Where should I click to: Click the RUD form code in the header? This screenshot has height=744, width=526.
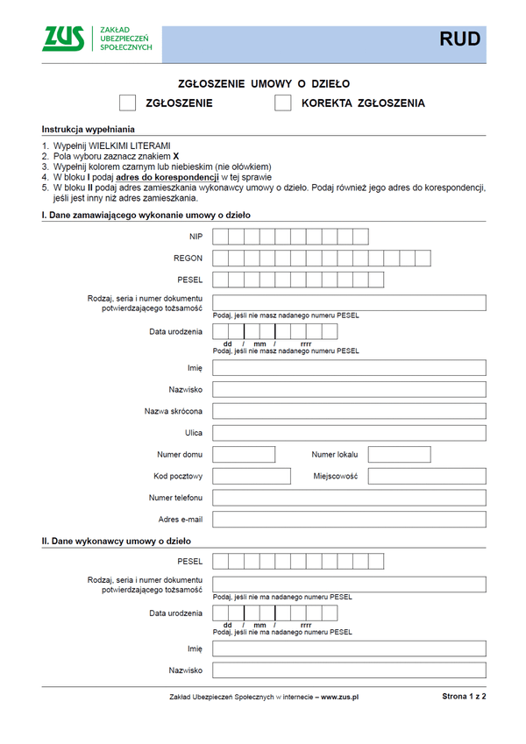pyautogui.click(x=459, y=40)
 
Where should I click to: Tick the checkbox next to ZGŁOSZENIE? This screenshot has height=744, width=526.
pyautogui.click(x=128, y=103)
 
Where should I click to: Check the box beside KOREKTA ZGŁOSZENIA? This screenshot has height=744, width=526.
pyautogui.click(x=282, y=103)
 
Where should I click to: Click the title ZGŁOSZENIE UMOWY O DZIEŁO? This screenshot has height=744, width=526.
pyautogui.click(x=264, y=84)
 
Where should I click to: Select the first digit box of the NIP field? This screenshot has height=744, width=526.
pyautogui.click(x=221, y=236)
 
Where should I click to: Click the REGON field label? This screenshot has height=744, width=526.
pyautogui.click(x=188, y=259)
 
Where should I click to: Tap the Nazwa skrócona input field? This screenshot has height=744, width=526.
pyautogui.click(x=349, y=411)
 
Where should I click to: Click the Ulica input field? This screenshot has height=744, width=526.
pyautogui.click(x=349, y=433)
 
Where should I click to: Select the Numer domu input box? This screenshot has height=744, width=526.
pyautogui.click(x=245, y=455)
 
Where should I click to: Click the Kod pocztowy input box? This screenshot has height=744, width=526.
pyautogui.click(x=252, y=476)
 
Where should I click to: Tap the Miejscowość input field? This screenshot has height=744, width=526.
pyautogui.click(x=427, y=476)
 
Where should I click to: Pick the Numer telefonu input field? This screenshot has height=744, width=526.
pyautogui.click(x=349, y=498)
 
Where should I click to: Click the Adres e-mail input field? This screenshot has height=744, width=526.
pyautogui.click(x=349, y=520)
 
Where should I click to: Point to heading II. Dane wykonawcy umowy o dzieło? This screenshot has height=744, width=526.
pyautogui.click(x=117, y=542)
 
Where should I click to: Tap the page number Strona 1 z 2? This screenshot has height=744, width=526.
pyautogui.click(x=464, y=696)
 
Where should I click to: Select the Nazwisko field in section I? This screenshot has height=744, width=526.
pyautogui.click(x=349, y=389)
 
